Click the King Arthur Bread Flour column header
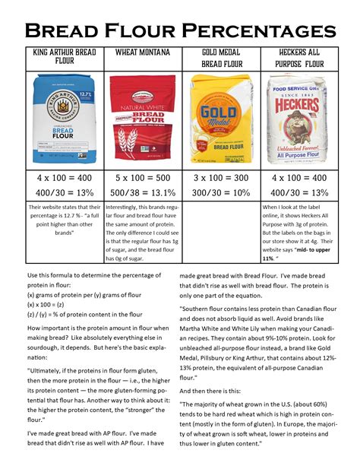pos(64,56)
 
